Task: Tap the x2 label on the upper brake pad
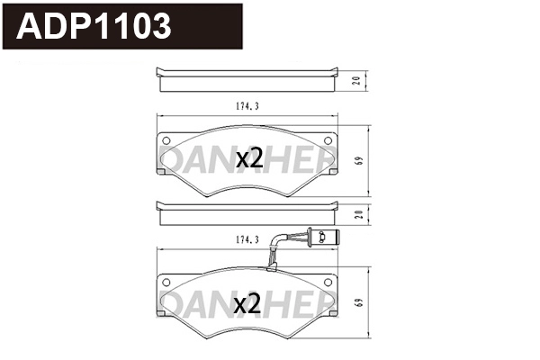pyautogui.click(x=248, y=159)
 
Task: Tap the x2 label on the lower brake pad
pyautogui.click(x=247, y=302)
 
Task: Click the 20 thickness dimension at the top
pyautogui.click(x=357, y=80)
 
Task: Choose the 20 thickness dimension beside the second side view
pyautogui.click(x=357, y=214)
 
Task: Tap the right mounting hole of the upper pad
pyautogui.click(x=328, y=140)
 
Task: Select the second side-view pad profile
pyautogui.click(x=247, y=214)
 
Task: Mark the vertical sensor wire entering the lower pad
pyautogui.click(x=271, y=260)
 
